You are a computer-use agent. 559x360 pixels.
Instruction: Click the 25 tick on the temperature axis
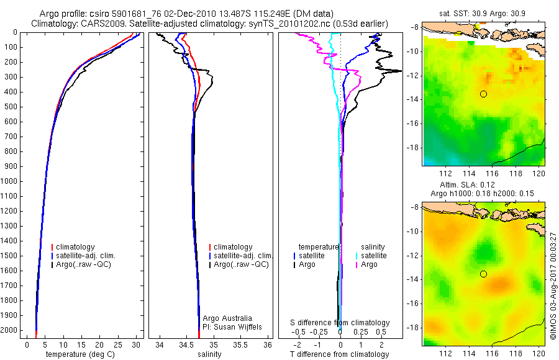tap(117, 344)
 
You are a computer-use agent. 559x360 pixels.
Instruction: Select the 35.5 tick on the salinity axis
tap(240, 344)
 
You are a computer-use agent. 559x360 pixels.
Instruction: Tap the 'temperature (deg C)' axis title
tap(80, 354)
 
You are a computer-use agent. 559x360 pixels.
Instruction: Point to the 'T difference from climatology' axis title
tap(339, 354)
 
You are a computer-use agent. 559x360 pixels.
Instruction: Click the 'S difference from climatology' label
tap(340, 323)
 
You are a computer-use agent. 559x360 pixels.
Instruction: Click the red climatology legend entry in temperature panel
tap(73, 247)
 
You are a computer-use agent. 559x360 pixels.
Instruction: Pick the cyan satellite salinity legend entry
tap(371, 256)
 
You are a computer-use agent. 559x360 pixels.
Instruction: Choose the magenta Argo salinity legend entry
tap(366, 264)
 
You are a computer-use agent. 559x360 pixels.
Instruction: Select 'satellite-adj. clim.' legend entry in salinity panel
tap(241, 256)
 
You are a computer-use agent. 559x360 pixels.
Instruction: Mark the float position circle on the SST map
tap(483, 94)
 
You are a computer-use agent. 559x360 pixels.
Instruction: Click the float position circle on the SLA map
tap(483, 274)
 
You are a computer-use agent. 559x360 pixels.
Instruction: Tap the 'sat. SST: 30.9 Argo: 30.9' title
tap(482, 14)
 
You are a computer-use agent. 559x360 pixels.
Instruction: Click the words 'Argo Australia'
tap(227, 318)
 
